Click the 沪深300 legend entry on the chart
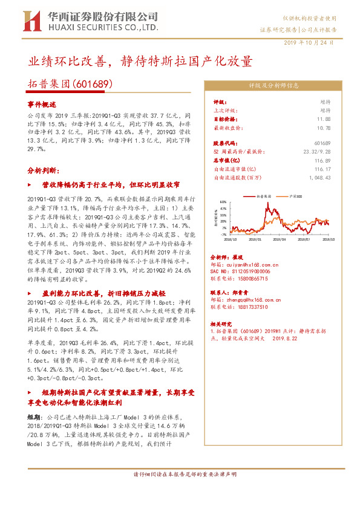pos(296,196)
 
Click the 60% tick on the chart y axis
pos(224,203)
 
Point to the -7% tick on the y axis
pos(224,235)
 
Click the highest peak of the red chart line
pos(267,206)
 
